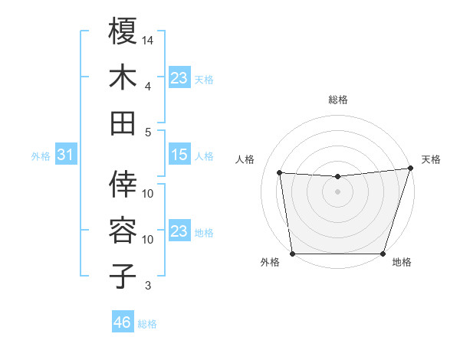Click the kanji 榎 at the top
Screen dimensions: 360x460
pyautogui.click(x=123, y=31)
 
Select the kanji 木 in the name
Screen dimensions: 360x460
pyautogui.click(x=123, y=77)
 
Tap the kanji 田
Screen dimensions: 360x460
pyautogui.click(x=123, y=123)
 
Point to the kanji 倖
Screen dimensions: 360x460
pyautogui.click(x=123, y=184)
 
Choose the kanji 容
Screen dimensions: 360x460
pyautogui.click(x=123, y=230)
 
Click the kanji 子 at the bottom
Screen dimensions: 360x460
pyautogui.click(x=123, y=276)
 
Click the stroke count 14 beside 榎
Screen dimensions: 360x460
pyautogui.click(x=148, y=40)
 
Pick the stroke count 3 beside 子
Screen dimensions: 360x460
pyautogui.click(x=148, y=286)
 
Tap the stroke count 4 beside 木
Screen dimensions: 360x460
pyautogui.click(x=148, y=86)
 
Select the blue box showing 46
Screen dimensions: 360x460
pyautogui.click(x=123, y=322)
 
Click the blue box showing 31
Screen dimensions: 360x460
pyautogui.click(x=66, y=155)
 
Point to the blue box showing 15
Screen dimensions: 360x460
pyautogui.click(x=179, y=155)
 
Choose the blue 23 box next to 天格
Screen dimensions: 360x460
pyautogui.click(x=179, y=77)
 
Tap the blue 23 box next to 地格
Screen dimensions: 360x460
pyautogui.click(x=179, y=231)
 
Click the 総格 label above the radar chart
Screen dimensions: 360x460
pyautogui.click(x=338, y=100)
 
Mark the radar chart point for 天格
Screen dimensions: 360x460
pyautogui.click(x=411, y=169)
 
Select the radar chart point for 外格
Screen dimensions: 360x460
pyautogui.click(x=292, y=254)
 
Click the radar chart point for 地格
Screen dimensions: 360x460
pyautogui.click(x=383, y=254)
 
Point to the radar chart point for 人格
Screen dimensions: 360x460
pyautogui.click(x=279, y=172)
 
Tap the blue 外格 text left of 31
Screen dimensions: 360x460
pyautogui.click(x=41, y=156)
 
